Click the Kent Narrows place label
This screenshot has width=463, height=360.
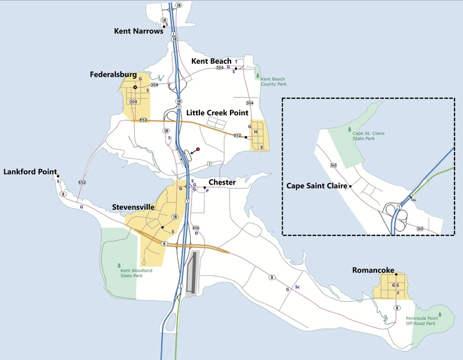click(139, 31)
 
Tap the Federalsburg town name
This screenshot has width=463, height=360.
click(113, 75)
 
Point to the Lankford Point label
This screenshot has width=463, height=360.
click(30, 172)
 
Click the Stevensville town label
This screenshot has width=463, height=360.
click(133, 207)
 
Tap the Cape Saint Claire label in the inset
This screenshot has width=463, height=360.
click(316, 185)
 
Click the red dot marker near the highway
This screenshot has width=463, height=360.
click(198, 149)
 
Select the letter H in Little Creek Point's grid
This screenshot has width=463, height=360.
click(256, 132)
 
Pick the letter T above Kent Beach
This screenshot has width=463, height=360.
click(236, 62)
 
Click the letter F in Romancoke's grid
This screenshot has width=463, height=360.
click(397, 293)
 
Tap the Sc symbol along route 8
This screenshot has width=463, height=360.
click(297, 287)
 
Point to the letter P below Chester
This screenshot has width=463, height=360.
click(207, 191)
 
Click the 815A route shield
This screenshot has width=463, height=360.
click(196, 228)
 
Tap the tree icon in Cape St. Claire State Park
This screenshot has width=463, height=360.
click(350, 130)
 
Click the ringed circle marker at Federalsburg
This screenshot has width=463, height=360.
click(135, 87)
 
